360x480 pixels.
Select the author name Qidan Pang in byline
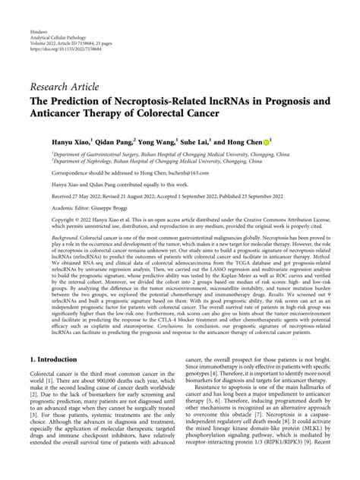coord(130,141)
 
